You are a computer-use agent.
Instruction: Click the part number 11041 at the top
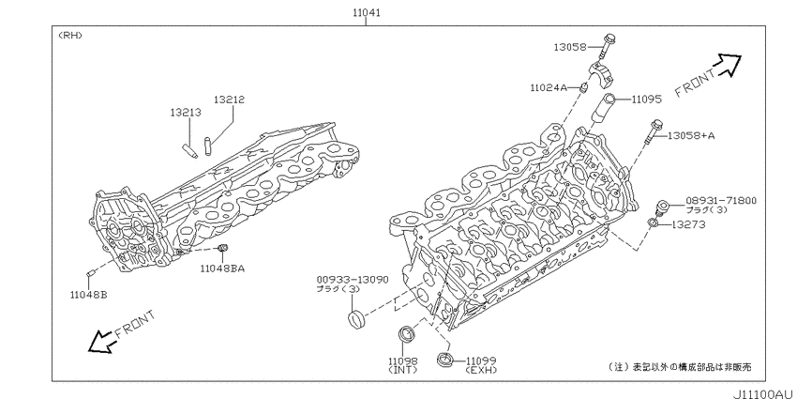(367, 12)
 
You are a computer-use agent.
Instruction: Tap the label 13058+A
(691, 135)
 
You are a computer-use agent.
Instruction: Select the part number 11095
(647, 100)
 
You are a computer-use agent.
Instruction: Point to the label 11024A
(548, 87)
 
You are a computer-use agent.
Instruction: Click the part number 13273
(688, 224)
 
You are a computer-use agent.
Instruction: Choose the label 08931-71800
(721, 201)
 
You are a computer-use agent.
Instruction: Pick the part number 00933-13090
(353, 280)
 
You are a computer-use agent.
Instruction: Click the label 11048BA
(221, 268)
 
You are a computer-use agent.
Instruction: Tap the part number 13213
(186, 112)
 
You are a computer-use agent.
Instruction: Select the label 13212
(229, 100)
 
